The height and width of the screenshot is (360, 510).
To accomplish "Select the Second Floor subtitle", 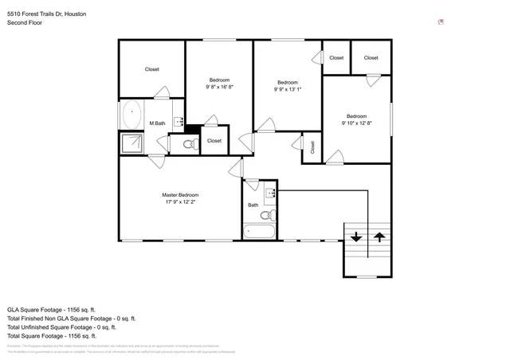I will [x=25, y=23].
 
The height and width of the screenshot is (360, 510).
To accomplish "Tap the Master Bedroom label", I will [x=180, y=195].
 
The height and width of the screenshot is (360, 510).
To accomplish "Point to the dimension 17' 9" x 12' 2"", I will [x=180, y=202].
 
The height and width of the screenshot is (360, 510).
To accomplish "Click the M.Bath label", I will [x=157, y=123].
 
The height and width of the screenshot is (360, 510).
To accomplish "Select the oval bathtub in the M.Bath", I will [x=131, y=115].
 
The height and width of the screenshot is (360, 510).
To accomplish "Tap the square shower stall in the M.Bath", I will [x=131, y=143].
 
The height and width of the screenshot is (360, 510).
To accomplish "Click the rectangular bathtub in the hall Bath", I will [x=259, y=232].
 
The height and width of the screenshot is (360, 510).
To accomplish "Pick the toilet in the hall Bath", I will [x=267, y=213].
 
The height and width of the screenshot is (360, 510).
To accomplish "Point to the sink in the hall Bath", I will [x=270, y=192].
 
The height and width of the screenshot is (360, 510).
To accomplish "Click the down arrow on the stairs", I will [x=355, y=237].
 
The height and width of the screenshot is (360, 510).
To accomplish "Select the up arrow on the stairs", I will [x=379, y=237].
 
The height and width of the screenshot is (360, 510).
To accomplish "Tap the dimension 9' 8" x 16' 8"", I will [x=219, y=87].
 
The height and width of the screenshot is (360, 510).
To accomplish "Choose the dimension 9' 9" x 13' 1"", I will [x=288, y=90].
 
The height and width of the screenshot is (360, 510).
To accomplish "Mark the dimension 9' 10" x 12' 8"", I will [x=356, y=123].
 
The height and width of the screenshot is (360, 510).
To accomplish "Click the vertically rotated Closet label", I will [x=312, y=147].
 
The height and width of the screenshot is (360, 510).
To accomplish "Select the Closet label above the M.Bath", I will [x=151, y=69].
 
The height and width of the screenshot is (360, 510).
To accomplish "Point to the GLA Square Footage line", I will [x=51, y=309].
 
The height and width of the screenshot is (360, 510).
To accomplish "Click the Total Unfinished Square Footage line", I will [x=61, y=327].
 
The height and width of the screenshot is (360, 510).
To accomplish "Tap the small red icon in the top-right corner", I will [x=441, y=23].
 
